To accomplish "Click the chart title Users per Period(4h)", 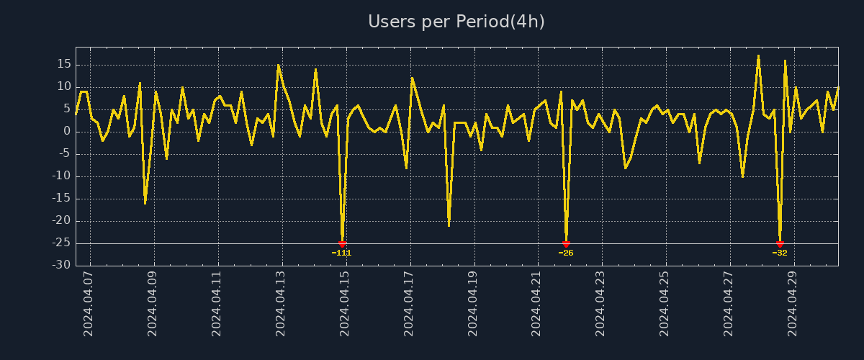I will pyautogui.click(x=456, y=22).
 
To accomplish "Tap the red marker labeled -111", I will pyautogui.click(x=342, y=244).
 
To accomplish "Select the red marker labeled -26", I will pyautogui.click(x=566, y=244).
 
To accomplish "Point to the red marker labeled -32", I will pyautogui.click(x=780, y=244).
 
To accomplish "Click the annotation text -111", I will pyautogui.click(x=341, y=253).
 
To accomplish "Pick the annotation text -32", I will pyautogui.click(x=780, y=253).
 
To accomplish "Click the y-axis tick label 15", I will pyautogui.click(x=63, y=65).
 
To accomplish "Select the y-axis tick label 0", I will pyautogui.click(x=67, y=132).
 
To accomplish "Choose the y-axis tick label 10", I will pyautogui.click(x=63, y=87).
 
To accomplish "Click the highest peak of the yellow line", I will pyautogui.click(x=758, y=55).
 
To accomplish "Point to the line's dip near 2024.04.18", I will pyautogui.click(x=449, y=225).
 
